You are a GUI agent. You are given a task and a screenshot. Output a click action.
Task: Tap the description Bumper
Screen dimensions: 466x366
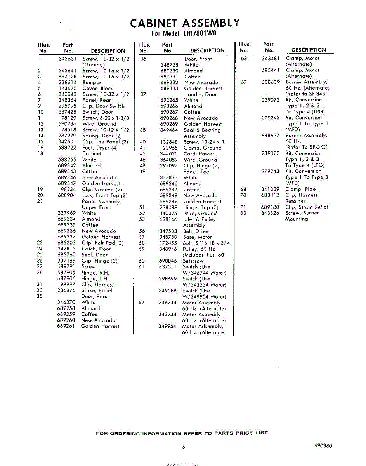point(92,83)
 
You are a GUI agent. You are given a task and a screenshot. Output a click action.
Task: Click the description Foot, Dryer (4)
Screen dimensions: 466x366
point(100,148)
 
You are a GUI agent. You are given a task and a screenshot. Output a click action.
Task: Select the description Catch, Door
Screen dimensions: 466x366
point(96,249)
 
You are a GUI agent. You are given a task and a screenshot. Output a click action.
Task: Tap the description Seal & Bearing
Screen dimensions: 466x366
point(202,130)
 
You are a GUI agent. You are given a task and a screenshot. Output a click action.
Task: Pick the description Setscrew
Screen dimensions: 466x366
point(193,261)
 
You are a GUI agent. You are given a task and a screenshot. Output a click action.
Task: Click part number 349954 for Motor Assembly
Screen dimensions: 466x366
point(168,327)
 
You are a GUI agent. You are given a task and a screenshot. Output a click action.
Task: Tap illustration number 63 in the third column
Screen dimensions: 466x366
point(244,59)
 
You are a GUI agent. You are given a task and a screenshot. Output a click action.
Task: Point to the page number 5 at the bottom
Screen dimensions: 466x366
point(183,447)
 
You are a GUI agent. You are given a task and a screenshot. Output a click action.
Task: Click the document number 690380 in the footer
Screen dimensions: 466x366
point(323,446)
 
